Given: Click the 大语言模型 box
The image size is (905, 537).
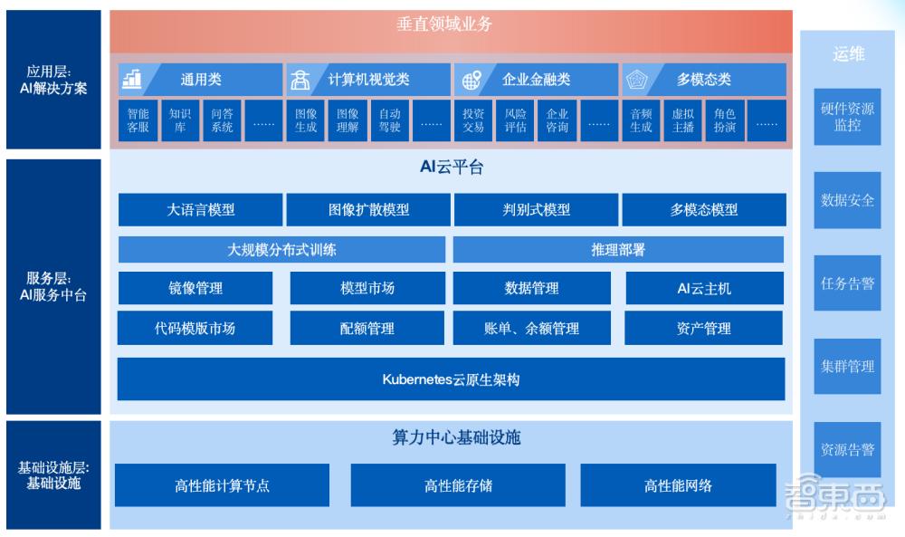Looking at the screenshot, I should [200, 209].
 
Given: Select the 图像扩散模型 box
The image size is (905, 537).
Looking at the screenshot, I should [368, 209].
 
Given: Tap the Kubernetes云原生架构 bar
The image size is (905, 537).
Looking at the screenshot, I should [451, 379].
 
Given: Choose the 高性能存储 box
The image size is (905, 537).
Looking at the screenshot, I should [458, 485].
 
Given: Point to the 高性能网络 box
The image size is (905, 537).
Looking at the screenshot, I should [678, 485].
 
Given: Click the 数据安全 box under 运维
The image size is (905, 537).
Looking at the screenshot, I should [847, 200].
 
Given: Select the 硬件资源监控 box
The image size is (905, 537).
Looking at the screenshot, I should [847, 117].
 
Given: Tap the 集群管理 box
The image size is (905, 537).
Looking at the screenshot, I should [847, 366].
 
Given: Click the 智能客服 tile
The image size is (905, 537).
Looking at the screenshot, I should [138, 120].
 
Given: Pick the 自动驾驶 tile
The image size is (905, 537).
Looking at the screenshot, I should [389, 120].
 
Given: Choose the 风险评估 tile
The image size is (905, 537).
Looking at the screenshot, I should [515, 120].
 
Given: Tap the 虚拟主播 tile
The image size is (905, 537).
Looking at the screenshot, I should [683, 120].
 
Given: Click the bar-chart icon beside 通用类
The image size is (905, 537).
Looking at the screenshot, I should [132, 80].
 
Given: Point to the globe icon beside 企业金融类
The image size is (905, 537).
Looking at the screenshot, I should [472, 80].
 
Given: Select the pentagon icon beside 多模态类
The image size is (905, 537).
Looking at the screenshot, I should [639, 80].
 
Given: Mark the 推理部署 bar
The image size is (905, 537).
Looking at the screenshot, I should [618, 250].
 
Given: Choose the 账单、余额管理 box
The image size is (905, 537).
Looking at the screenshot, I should [531, 329].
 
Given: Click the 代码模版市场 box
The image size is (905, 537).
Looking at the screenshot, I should [195, 329].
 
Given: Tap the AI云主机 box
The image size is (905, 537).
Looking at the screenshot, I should [704, 288].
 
